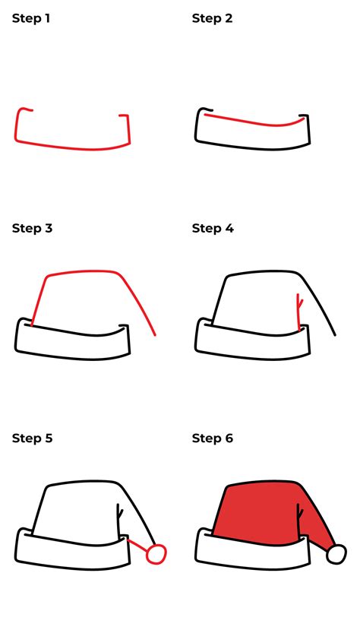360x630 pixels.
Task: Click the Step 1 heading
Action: point(31,18)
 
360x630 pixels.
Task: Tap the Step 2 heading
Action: point(212,18)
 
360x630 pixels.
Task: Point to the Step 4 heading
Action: point(213,228)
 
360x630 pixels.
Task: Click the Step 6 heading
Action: point(213,438)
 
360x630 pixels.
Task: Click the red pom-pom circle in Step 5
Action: point(156,555)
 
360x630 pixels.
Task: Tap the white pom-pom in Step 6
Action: point(336,555)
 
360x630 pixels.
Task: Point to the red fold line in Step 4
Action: point(300,312)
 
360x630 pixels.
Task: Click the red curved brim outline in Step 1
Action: point(72,145)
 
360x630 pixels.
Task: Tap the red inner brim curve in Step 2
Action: point(254,124)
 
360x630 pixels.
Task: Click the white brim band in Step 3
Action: point(72,347)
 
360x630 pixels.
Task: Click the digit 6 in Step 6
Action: point(229,438)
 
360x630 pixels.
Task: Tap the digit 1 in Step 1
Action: point(47,18)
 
